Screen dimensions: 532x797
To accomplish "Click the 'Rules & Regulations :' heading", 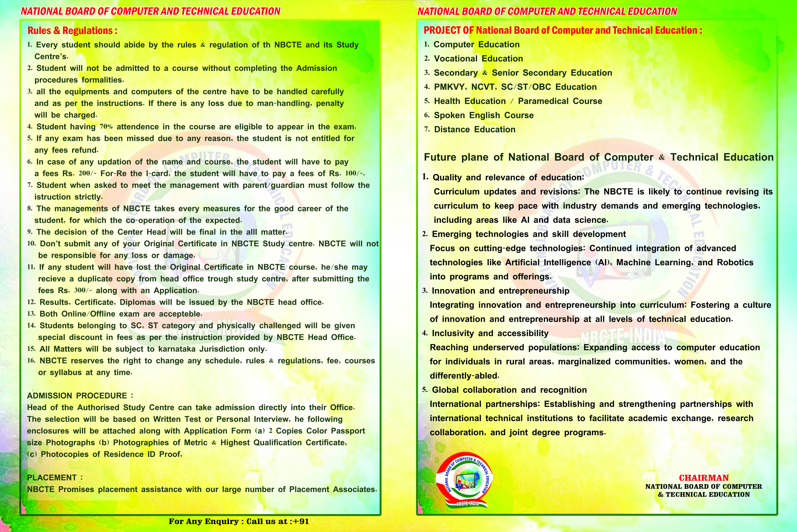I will pyautogui.click(x=72, y=31).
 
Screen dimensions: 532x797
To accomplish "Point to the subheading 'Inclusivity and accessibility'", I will pyautogui.click(x=490, y=333).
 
